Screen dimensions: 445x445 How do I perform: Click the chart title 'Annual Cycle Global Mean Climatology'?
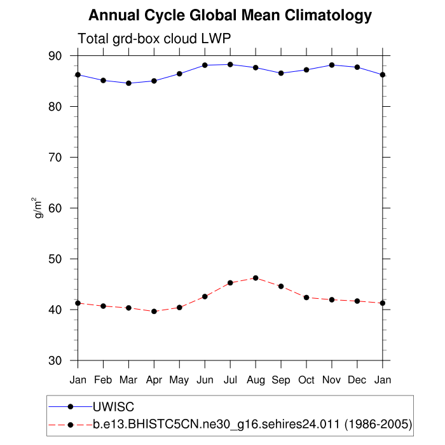(x=229, y=15)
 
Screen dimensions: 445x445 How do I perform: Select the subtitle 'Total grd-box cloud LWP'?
(x=153, y=39)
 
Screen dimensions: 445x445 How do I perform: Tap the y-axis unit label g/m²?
(x=39, y=208)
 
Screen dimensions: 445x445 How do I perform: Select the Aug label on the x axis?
(x=256, y=380)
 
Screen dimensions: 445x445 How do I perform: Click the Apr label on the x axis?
(x=154, y=380)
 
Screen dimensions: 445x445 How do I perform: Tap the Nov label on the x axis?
(x=332, y=380)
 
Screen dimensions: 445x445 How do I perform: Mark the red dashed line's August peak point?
(x=256, y=278)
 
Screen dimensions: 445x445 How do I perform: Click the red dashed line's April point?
(x=154, y=311)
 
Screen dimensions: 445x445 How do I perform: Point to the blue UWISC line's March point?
(x=128, y=83)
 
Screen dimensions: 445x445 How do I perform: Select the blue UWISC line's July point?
(x=230, y=64)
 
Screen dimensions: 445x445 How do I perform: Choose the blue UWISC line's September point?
(x=281, y=73)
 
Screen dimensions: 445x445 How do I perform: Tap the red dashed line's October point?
(x=306, y=298)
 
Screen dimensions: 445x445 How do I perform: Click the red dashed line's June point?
(x=205, y=296)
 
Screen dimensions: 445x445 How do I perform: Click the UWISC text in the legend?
(x=113, y=406)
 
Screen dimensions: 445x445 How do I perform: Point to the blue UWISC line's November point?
(x=332, y=65)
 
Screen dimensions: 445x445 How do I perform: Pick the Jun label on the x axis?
(x=205, y=380)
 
